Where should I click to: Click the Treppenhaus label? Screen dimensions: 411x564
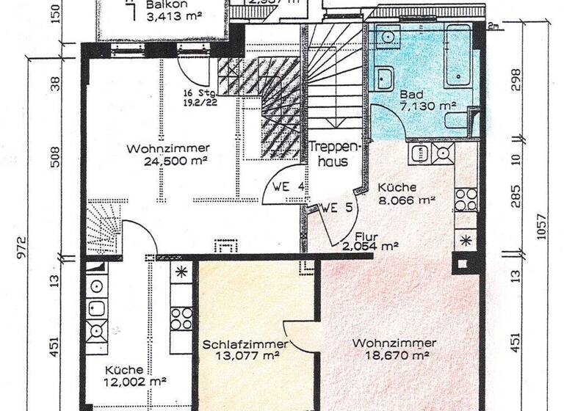click(328, 153)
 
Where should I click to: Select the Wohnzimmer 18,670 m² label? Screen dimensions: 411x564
click(394, 349)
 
